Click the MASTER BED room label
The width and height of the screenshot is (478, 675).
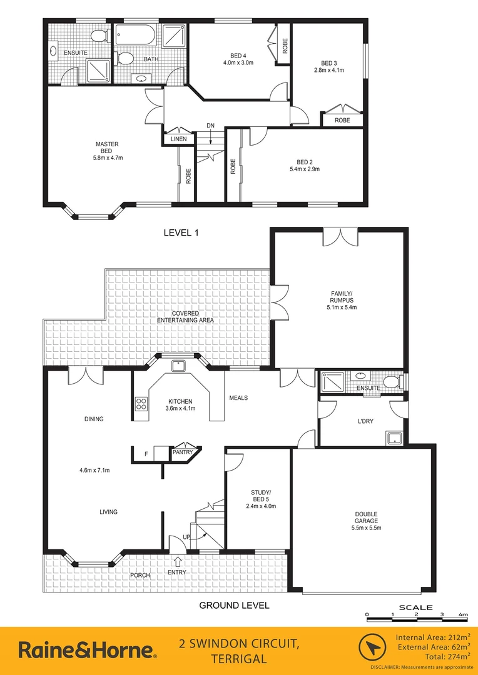pos(107,147)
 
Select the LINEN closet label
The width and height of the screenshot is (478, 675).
pos(178,139)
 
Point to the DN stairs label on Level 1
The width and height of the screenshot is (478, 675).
pos(211,126)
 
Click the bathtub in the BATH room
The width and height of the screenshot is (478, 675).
pos(136,36)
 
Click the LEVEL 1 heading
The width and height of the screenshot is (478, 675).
pos(181,232)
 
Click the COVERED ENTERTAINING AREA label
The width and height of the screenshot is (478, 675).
pos(185,316)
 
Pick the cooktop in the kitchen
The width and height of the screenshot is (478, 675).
pos(141,404)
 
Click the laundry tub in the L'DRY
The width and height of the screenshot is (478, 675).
pos(394,437)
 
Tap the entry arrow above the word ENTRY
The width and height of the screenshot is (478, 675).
pos(178,561)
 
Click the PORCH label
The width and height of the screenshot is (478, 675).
pos(140,575)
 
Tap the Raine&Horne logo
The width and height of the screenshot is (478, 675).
pos(87,649)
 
